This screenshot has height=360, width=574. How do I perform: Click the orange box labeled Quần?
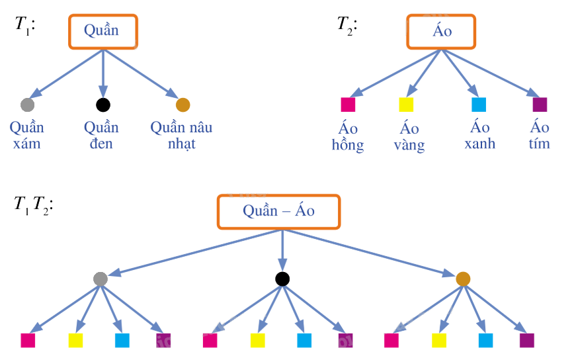tap(102, 31)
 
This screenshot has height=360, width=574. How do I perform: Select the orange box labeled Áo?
tap(441, 31)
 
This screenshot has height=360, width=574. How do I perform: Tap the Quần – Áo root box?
tap(278, 212)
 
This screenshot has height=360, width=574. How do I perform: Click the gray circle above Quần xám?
tap(27, 105)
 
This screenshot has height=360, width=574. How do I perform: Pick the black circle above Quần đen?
tap(102, 105)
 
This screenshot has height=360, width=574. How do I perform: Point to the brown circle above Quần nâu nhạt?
tap(183, 105)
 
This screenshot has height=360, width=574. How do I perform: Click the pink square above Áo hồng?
tap(348, 105)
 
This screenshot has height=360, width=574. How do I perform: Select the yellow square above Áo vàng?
tap(406, 105)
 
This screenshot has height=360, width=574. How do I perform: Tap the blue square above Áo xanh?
tap(479, 105)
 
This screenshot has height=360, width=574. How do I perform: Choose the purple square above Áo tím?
tap(540, 105)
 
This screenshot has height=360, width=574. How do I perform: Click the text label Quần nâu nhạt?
tap(181, 135)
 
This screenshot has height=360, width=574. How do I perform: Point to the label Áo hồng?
tap(348, 136)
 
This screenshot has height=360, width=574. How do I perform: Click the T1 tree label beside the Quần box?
tap(24, 25)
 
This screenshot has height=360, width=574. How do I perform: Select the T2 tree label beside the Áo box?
tap(347, 25)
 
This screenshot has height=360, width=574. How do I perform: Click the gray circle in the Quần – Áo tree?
tap(101, 279)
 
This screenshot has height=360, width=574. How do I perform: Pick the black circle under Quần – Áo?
tap(282, 279)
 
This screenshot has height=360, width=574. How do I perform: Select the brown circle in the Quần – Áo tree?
tap(463, 279)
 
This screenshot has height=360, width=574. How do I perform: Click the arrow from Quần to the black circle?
tap(102, 73)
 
